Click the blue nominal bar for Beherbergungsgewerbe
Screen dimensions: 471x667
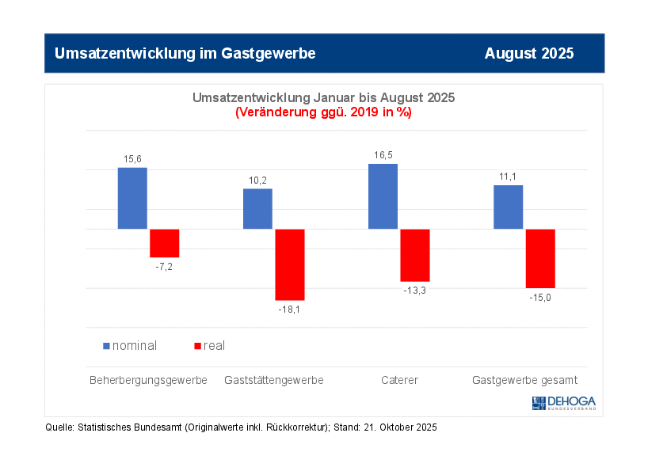click(132, 198)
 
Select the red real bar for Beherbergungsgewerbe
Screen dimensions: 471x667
click(165, 243)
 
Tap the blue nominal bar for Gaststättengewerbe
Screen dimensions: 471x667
click(257, 208)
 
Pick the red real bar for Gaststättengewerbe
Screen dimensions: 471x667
click(290, 264)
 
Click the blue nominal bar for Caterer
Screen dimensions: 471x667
click(383, 196)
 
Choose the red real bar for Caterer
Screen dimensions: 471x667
click(415, 255)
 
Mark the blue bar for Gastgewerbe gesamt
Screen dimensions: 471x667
click(508, 207)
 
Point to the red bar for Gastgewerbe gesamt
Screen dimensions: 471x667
click(540, 258)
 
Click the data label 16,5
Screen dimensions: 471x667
click(383, 156)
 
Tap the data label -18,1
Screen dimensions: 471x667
click(290, 310)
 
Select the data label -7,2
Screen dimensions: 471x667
click(165, 267)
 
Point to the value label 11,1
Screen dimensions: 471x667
click(508, 177)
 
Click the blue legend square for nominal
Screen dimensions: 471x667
click(107, 346)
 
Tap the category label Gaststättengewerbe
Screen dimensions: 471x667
click(274, 380)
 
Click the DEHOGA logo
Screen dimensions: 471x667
click(563, 403)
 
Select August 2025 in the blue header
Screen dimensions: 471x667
click(529, 53)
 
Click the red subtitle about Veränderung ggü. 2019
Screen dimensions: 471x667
click(323, 112)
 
